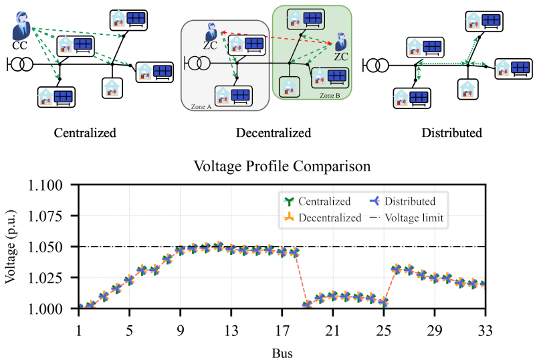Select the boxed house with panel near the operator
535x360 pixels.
(75, 46)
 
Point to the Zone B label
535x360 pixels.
(330, 96)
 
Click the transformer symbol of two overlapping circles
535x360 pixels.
(198, 63)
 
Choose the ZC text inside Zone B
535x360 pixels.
(341, 57)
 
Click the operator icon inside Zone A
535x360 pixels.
(211, 31)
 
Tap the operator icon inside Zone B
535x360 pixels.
(340, 41)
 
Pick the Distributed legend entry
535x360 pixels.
(402, 201)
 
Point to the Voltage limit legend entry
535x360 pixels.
(409, 217)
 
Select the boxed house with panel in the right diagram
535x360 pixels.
(425, 48)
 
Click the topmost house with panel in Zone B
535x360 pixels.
(305, 19)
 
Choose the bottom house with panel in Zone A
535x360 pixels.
(233, 95)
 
